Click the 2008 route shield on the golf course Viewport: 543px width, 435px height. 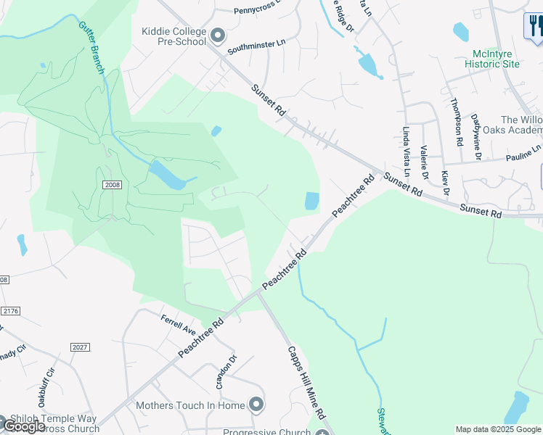[112, 186]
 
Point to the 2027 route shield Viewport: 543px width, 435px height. [80, 347]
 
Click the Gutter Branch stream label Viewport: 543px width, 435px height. [92, 47]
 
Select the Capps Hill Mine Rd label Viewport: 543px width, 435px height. [304, 385]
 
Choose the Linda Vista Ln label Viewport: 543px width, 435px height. [407, 152]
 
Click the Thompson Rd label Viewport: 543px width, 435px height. [457, 122]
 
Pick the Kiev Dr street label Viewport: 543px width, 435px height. [445, 183]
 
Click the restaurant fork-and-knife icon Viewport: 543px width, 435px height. [534, 27]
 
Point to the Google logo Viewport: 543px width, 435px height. [24, 426]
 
